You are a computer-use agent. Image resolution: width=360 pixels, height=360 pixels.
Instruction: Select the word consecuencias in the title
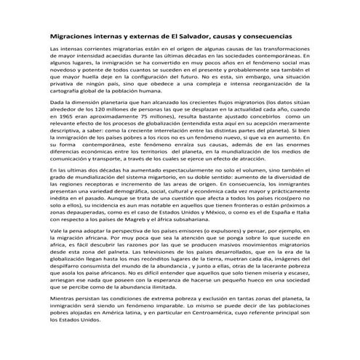pos(265,35)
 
